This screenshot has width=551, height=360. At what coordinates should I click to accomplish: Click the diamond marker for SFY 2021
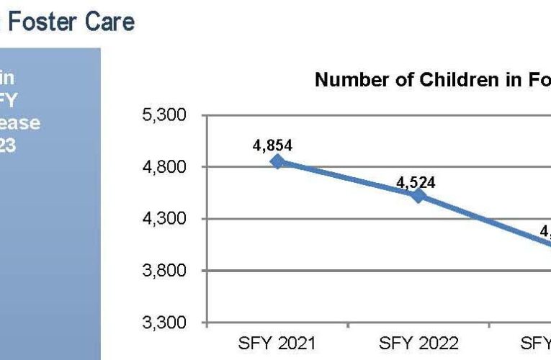click(277, 162)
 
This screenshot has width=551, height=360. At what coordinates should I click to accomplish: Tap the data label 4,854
click(272, 145)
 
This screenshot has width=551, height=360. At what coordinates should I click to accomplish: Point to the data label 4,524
click(416, 182)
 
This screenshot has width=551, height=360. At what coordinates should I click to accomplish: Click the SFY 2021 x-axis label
click(277, 343)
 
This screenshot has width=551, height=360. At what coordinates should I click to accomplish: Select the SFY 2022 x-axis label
click(418, 343)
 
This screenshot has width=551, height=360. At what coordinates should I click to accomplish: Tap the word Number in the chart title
click(348, 80)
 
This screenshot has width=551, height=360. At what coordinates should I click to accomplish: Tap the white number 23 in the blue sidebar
click(8, 145)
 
